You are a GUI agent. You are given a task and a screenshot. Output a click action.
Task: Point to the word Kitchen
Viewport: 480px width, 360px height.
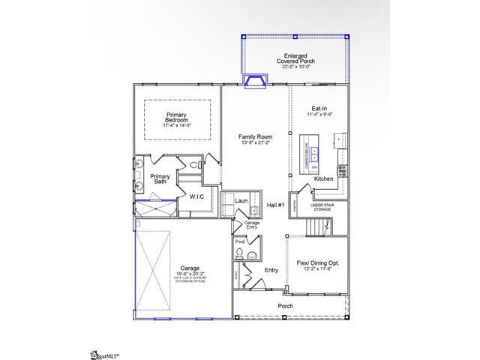tap(324, 178)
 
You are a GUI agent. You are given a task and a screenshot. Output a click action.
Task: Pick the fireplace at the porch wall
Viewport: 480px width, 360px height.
tap(256, 80)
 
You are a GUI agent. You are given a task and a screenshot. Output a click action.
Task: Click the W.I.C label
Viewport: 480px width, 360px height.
tap(196, 196)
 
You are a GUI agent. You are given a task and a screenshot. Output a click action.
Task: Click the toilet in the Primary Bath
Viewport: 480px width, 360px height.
tap(193, 165)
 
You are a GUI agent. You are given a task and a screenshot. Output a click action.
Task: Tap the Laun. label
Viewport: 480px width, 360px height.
tap(241, 201)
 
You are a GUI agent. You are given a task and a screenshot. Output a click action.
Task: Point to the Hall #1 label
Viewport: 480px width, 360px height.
tap(275, 205)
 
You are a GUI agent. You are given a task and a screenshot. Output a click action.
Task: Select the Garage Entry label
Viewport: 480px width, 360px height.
tap(251, 224)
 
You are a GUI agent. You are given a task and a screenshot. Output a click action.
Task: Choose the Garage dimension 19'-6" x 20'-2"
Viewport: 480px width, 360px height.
tap(187, 274)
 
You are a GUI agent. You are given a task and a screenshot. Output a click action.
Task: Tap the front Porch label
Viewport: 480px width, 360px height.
tap(285, 306)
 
